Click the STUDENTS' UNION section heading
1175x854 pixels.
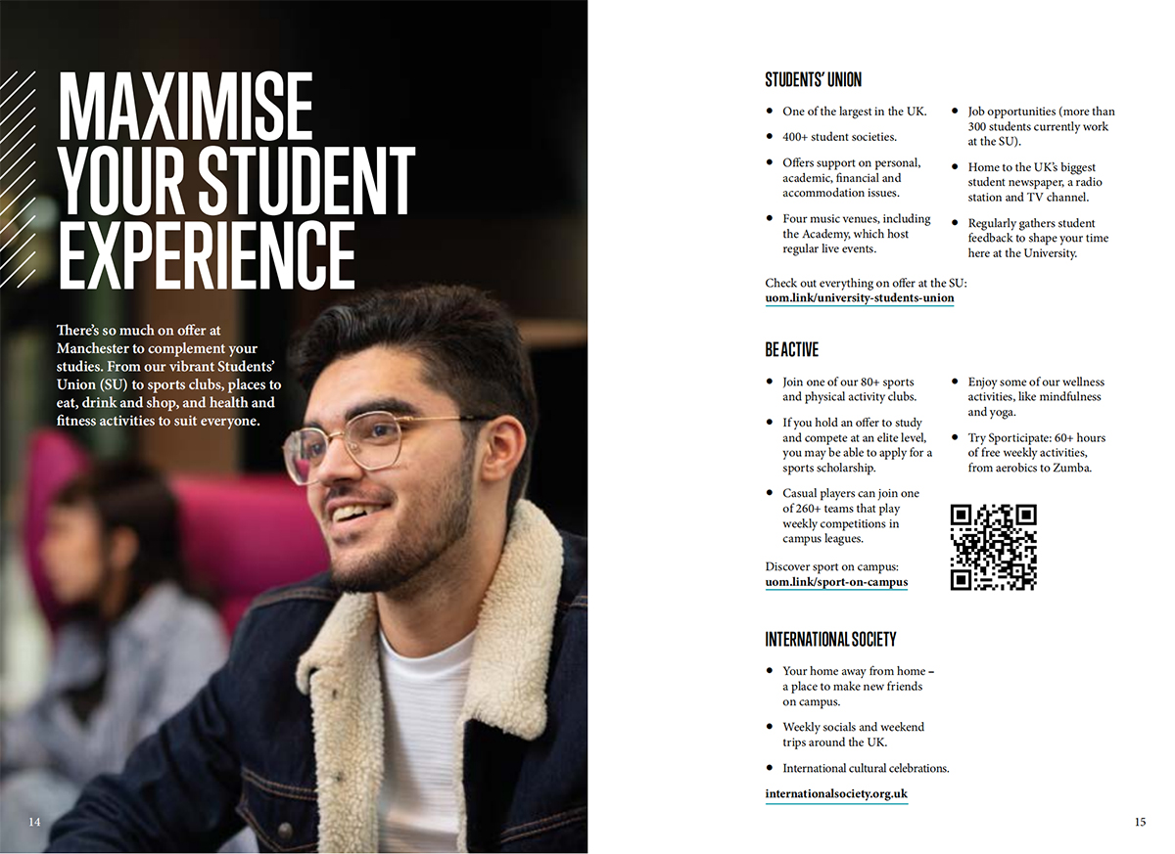[813, 80]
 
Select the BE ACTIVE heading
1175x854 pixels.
[791, 349]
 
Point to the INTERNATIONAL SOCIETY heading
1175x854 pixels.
[830, 639]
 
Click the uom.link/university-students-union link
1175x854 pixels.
[859, 298]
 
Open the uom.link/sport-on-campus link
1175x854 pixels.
[836, 583]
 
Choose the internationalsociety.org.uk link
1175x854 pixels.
[836, 794]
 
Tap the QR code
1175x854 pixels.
[993, 547]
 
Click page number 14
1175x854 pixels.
[34, 822]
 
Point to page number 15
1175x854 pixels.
[1140, 823]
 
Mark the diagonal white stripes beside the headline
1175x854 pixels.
[18, 176]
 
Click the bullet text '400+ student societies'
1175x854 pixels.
[839, 137]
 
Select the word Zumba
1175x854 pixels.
[1072, 468]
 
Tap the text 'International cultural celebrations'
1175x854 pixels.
[866, 768]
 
